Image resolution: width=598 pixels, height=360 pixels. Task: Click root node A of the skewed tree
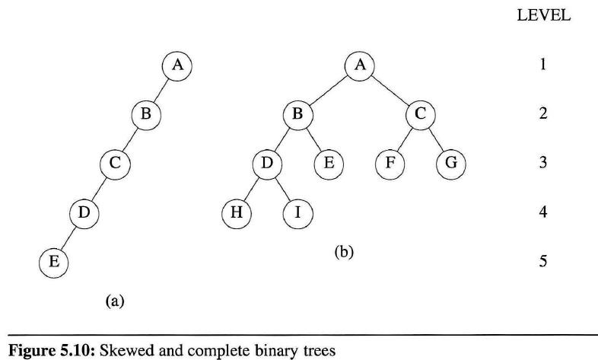(177, 65)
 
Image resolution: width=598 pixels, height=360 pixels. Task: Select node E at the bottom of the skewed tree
(53, 262)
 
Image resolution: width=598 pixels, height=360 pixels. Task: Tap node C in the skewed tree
(116, 163)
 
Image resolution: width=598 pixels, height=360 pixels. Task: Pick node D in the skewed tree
(84, 212)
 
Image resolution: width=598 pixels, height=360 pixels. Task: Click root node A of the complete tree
(360, 65)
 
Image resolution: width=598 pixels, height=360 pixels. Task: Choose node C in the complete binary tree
(420, 114)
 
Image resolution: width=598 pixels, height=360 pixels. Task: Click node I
(297, 212)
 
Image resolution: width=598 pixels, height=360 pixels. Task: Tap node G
(450, 163)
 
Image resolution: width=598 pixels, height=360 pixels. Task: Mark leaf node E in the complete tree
(328, 163)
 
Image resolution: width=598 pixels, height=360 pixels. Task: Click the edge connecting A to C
(390, 90)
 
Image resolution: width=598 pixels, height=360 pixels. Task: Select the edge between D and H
(251, 187)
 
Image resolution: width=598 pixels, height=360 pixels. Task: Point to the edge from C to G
(436, 139)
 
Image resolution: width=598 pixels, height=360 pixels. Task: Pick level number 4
(543, 212)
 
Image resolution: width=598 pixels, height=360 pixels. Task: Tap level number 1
(543, 65)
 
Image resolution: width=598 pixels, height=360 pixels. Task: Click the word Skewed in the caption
(108, 352)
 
